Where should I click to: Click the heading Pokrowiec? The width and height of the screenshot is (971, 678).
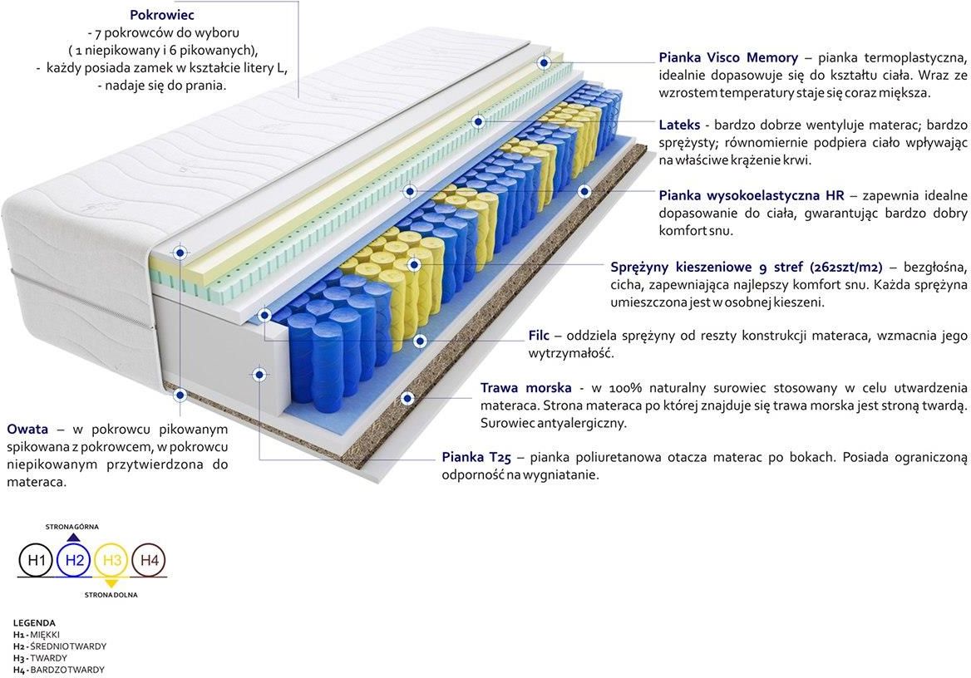[161, 15]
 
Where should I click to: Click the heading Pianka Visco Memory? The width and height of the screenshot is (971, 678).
[728, 57]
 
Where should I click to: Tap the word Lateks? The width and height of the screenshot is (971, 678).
[679, 125]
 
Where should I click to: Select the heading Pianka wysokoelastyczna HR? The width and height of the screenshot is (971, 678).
[752, 195]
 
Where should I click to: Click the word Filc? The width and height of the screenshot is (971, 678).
[539, 336]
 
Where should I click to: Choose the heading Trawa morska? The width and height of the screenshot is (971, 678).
[525, 388]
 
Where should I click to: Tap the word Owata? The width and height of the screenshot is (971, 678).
[27, 429]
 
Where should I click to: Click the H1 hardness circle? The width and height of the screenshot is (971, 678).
[37, 560]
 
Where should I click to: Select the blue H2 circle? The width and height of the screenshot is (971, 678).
[74, 560]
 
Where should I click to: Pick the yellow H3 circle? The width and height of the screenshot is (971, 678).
[112, 560]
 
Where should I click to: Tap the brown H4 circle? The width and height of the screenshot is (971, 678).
[150, 560]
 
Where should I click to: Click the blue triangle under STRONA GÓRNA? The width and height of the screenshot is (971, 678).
[73, 537]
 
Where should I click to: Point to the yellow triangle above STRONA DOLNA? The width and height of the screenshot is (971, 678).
[111, 583]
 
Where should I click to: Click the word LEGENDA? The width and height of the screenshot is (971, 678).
[34, 623]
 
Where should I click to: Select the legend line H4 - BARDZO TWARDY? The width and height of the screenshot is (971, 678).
[59, 670]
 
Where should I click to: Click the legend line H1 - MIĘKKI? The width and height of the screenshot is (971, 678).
[37, 635]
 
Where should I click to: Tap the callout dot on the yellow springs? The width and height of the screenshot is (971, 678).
[414, 265]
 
